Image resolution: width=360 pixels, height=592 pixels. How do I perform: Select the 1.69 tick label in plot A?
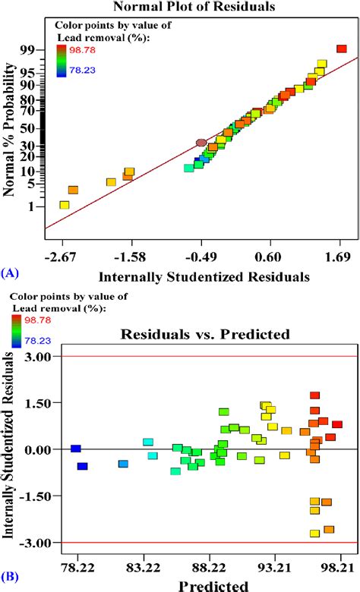(340, 257)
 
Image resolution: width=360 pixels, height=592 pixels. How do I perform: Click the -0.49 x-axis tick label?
(201, 257)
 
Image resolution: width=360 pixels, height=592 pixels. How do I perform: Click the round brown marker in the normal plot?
(201, 142)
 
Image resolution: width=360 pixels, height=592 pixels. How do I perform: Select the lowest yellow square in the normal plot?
(65, 205)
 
